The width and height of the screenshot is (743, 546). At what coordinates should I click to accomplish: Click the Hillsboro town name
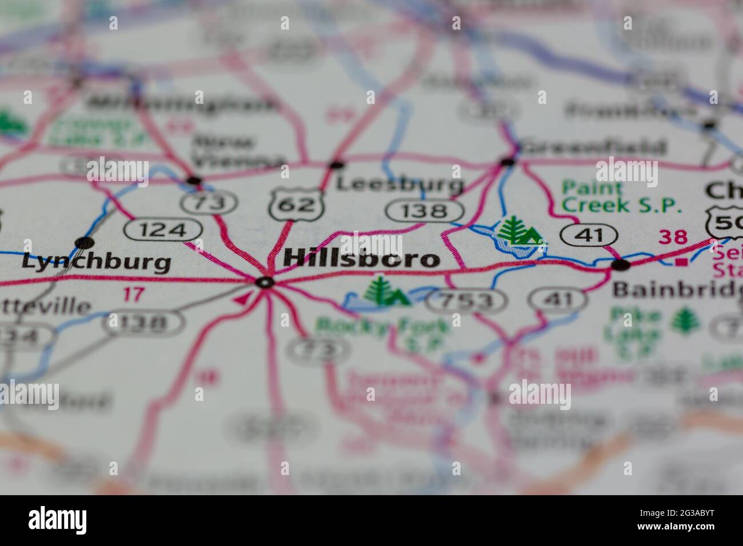(x=361, y=258)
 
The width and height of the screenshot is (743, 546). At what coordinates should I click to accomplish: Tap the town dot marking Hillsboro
(x=265, y=282)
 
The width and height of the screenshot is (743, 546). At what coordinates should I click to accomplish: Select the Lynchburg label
(x=96, y=262)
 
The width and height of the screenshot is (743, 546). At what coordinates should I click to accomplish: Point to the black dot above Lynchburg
(x=85, y=242)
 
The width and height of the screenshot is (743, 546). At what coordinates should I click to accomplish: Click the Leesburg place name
(x=399, y=184)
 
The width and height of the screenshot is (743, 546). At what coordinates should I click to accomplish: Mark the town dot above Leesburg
(x=337, y=165)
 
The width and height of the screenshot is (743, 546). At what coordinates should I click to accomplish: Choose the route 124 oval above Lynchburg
(x=163, y=230)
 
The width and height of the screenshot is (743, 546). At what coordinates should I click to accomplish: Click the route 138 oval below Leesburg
(x=424, y=211)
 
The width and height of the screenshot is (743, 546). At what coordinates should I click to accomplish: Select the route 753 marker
(x=466, y=300)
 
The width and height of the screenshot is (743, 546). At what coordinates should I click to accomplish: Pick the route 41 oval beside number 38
(x=589, y=234)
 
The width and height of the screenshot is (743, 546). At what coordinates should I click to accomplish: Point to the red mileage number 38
(x=673, y=236)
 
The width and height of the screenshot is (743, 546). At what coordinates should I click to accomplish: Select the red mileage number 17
(x=134, y=295)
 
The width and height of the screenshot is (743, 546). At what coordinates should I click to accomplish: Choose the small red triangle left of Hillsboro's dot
(x=242, y=298)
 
